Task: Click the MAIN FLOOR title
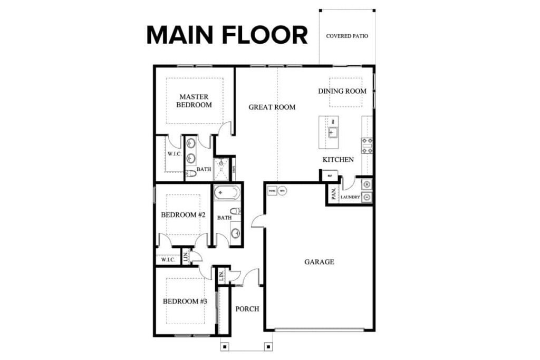point(227,35)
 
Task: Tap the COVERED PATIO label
point(346,36)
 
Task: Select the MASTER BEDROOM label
point(194,101)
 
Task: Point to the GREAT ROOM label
point(272,107)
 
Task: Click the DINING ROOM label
point(342,91)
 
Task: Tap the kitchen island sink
point(332,132)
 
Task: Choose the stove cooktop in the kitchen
point(367,145)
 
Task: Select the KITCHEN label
point(338,159)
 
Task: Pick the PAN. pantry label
point(334,194)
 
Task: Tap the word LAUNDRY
point(350,198)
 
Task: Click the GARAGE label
point(319,261)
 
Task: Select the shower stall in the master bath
point(221,169)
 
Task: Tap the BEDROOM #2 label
point(182,215)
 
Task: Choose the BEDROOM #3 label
point(185,301)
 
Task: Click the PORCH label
point(247,309)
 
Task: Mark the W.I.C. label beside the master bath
point(175,154)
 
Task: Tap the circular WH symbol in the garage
point(282,191)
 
